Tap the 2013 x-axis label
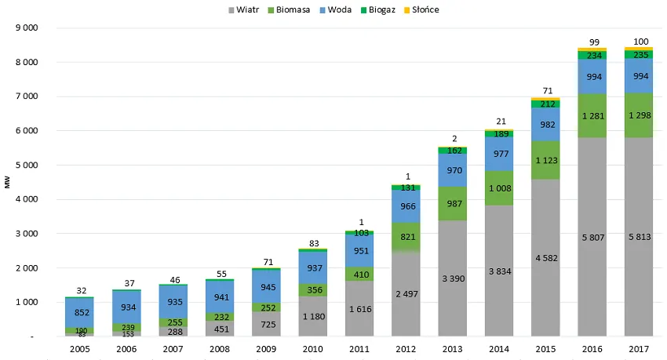click(454, 349)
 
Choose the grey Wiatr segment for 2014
click(501, 271)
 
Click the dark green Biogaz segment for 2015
click(549, 104)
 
